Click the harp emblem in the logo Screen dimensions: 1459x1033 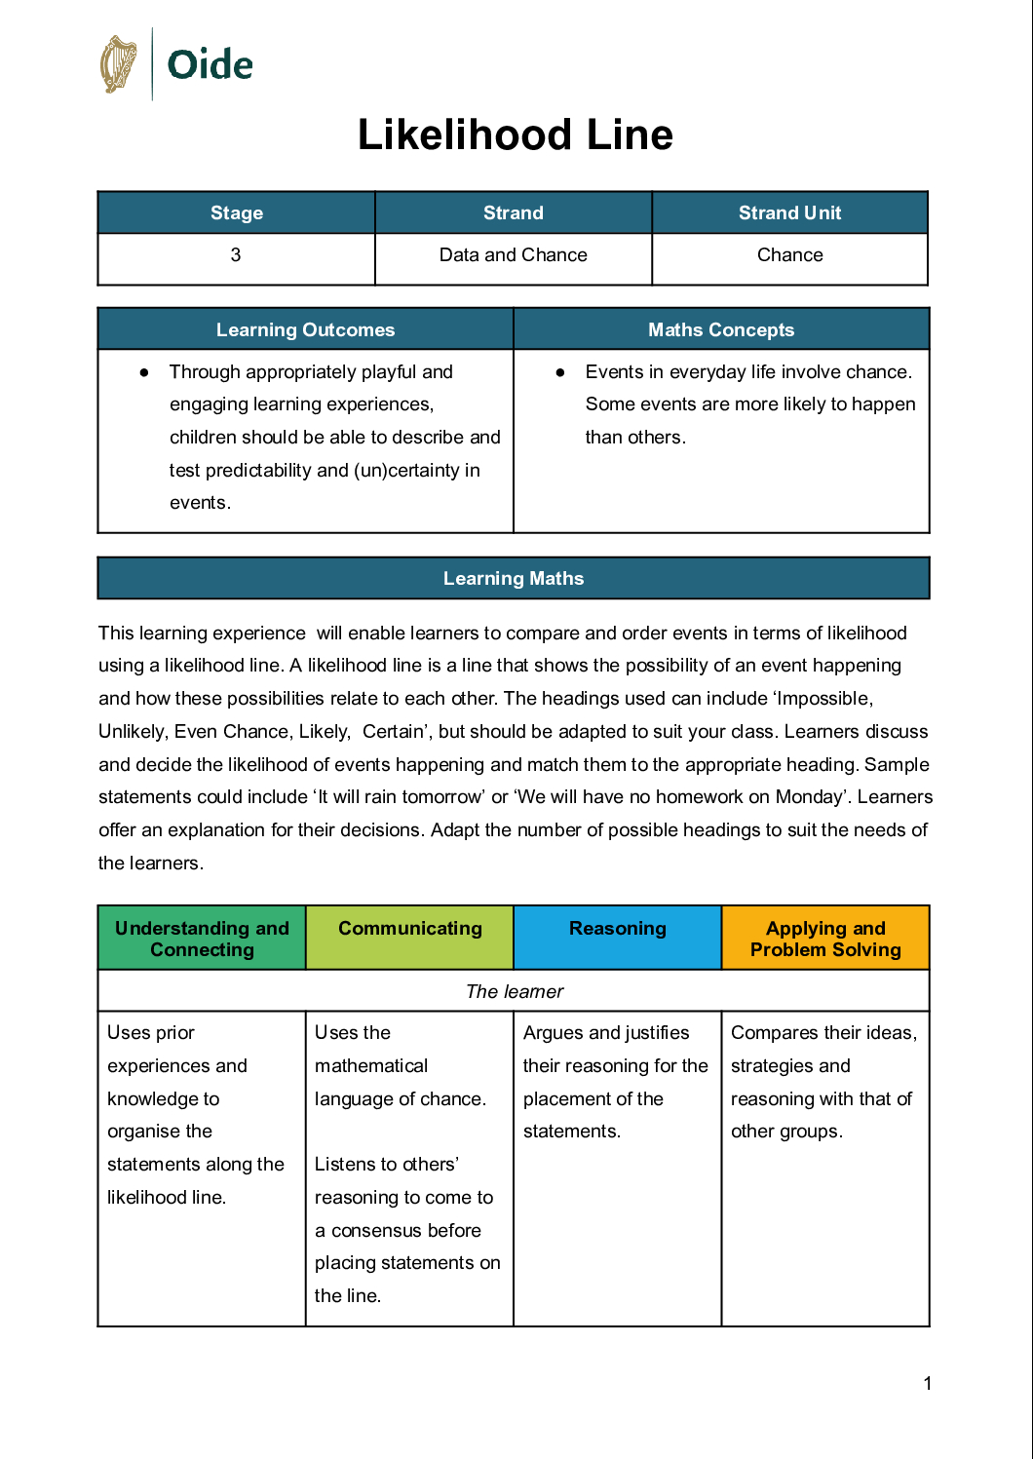tap(119, 64)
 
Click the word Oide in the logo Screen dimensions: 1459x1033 tap(210, 65)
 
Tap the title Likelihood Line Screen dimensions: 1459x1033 tap(515, 134)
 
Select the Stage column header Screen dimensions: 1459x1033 tap(237, 212)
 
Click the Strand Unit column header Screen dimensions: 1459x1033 tap(789, 212)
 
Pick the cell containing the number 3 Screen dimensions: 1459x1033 tap(236, 255)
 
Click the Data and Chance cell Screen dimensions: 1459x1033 tap(513, 255)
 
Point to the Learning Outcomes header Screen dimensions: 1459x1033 tap(305, 329)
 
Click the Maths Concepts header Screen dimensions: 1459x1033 tap(721, 329)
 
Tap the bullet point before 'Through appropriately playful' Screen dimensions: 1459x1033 tap(144, 372)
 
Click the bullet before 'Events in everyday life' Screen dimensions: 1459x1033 tap(560, 372)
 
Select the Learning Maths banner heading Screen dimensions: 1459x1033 tap(514, 578)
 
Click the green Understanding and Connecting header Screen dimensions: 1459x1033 tap(202, 939)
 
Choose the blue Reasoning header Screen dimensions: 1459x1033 tap(618, 929)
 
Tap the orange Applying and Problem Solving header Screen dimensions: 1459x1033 tap(825, 939)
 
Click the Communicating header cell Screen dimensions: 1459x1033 tap(410, 929)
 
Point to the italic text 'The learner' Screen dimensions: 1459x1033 tap(515, 991)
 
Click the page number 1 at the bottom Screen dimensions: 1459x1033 tap(928, 1383)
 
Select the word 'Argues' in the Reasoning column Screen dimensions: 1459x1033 tap(554, 1033)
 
